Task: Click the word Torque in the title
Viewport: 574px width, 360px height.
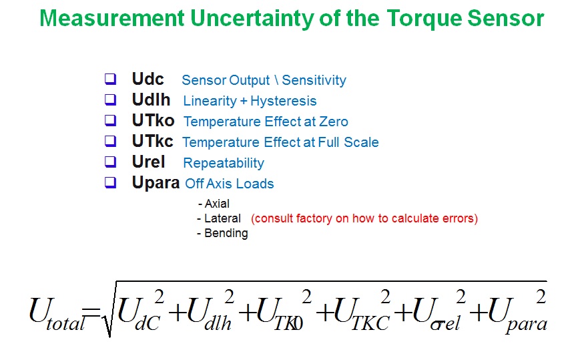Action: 424,19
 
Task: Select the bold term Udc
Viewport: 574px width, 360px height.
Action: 148,79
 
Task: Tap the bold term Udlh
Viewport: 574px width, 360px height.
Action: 152,100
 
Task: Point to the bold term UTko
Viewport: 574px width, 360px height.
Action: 153,120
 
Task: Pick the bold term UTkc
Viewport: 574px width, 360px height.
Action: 153,141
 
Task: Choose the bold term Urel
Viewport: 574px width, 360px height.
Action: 149,162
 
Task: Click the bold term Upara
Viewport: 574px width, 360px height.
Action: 156,183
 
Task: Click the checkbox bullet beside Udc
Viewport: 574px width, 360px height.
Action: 111,79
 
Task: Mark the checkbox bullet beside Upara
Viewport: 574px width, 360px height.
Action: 111,182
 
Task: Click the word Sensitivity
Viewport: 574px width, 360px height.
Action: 314,80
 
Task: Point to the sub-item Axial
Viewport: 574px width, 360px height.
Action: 217,204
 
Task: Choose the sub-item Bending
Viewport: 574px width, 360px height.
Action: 226,233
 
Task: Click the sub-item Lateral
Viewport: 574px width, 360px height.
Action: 222,218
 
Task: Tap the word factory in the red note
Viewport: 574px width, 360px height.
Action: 315,218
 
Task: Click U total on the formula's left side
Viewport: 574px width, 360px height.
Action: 56,314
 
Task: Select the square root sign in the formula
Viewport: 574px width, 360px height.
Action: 108,309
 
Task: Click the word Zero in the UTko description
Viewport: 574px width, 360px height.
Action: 334,122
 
